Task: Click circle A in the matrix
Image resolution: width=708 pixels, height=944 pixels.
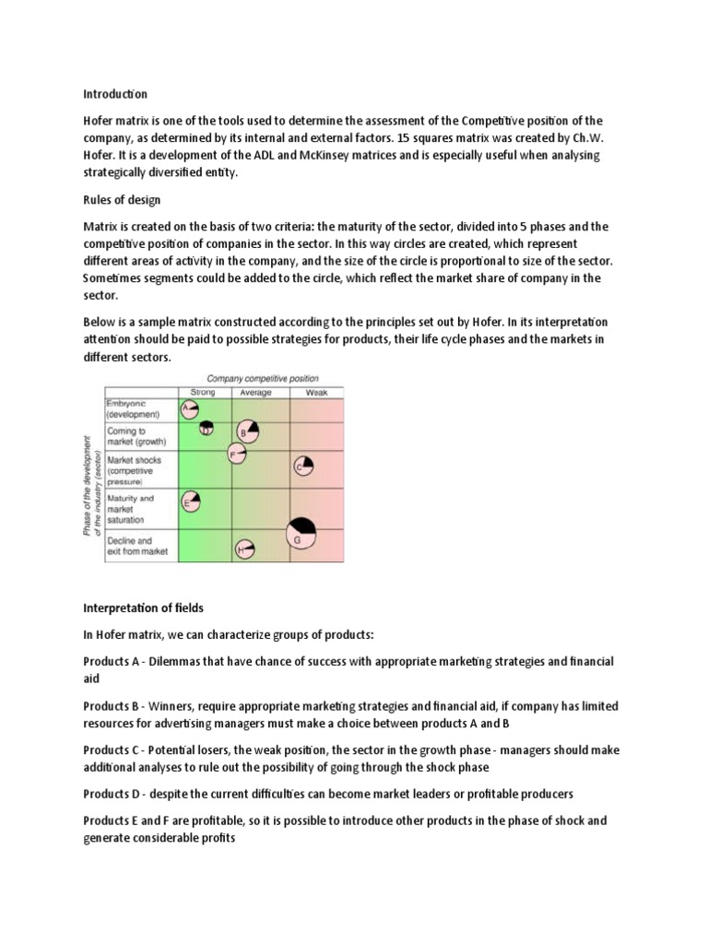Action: tap(190, 408)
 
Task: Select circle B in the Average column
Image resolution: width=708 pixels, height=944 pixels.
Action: tap(247, 431)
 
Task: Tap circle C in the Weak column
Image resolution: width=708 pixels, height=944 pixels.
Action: tap(302, 466)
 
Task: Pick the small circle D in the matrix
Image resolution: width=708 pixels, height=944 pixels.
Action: tap(207, 427)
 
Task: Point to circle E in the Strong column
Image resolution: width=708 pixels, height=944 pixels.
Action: tap(191, 501)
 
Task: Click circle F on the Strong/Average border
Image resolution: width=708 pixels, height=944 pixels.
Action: tap(237, 453)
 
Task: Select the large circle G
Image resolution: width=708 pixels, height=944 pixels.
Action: tap(301, 533)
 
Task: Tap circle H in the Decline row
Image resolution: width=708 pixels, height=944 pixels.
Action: tap(244, 549)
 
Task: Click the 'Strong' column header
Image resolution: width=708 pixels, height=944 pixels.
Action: tap(202, 392)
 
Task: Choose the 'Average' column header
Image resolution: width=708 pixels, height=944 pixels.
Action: tap(255, 392)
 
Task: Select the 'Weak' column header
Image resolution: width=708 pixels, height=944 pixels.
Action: tap(316, 392)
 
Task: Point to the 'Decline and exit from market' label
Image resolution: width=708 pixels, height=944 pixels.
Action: tap(137, 546)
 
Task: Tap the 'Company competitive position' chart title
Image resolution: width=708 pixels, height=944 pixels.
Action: tap(262, 378)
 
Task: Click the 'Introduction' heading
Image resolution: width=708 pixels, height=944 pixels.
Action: tap(115, 94)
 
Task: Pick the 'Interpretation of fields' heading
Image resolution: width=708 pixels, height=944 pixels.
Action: tap(143, 608)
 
